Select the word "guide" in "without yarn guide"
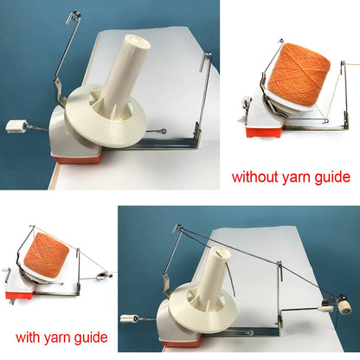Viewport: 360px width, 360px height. tap(331, 177)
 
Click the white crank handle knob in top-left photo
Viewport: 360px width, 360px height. tap(15, 126)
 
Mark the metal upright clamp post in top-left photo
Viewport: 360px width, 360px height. tap(206, 95)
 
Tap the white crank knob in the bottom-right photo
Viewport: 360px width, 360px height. tap(129, 318)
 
